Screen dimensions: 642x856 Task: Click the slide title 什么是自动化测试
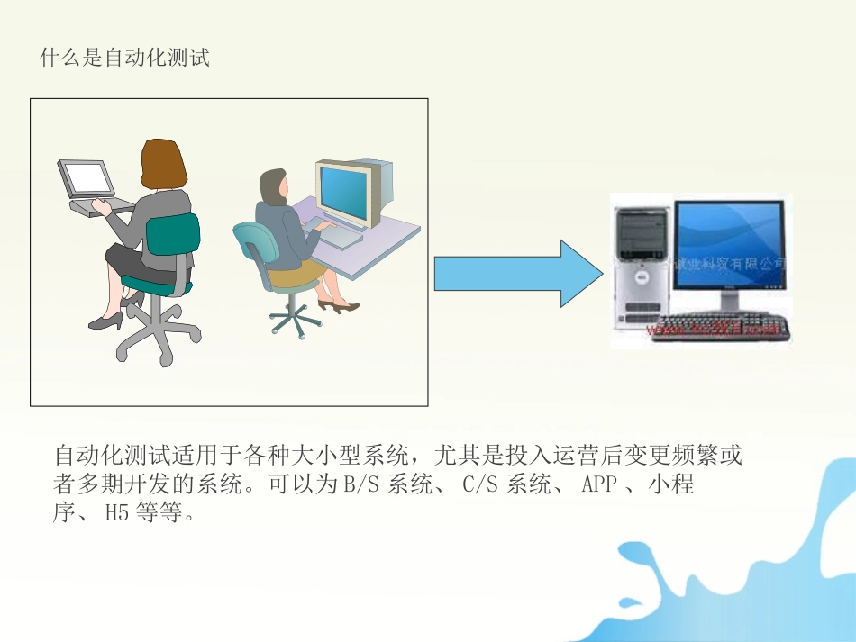pos(125,59)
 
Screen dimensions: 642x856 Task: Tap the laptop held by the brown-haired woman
pos(87,181)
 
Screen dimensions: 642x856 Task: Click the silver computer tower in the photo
pos(642,267)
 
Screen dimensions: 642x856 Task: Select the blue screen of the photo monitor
pos(729,239)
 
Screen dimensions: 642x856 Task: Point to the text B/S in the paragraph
pos(361,484)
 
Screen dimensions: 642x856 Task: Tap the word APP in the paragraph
pos(599,484)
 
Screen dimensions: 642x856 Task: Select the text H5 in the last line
pos(117,514)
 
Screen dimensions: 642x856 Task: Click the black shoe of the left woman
pos(106,321)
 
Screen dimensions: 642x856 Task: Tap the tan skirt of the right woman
pos(298,274)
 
